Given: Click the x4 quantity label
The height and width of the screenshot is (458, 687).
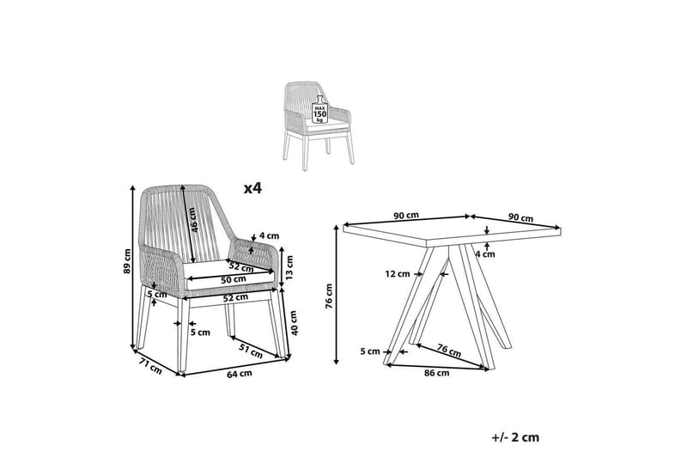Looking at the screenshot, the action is tap(252, 188).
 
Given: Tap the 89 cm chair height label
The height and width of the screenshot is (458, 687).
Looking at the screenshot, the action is tap(127, 261).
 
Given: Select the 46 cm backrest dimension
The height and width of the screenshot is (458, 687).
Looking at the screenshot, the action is tap(194, 219).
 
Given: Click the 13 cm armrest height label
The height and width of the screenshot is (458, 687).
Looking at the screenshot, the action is tap(289, 267).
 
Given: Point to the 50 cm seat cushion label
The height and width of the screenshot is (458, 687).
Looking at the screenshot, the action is tap(234, 279).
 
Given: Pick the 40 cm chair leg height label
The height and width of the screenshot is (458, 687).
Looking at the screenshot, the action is tap(294, 323).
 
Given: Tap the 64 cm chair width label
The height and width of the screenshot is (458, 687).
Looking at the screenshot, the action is tap(240, 374).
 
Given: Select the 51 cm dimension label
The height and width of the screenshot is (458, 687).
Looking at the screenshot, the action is tap(251, 351).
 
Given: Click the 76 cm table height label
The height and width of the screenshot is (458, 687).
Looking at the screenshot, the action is tap(329, 296).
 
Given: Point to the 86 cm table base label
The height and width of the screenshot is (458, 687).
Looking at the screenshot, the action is tap(437, 373).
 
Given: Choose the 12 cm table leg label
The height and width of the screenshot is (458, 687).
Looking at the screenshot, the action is tap(398, 274).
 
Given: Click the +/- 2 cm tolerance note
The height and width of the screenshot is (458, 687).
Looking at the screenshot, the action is tap(516, 437).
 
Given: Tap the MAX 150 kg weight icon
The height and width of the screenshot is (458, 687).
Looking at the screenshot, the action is tap(319, 109).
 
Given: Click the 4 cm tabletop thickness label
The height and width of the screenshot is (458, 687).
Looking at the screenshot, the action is tap(485, 253).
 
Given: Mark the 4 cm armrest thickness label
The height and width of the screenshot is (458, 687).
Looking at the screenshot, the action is tap(269, 235).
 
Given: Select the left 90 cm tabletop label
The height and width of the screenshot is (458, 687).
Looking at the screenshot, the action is tap(405, 215).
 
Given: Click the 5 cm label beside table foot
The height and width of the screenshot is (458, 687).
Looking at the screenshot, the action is tap(370, 351).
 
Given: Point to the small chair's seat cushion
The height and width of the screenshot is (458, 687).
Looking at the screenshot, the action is tap(325, 125).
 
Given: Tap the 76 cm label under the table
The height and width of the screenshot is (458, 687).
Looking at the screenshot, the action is tap(449, 350).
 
